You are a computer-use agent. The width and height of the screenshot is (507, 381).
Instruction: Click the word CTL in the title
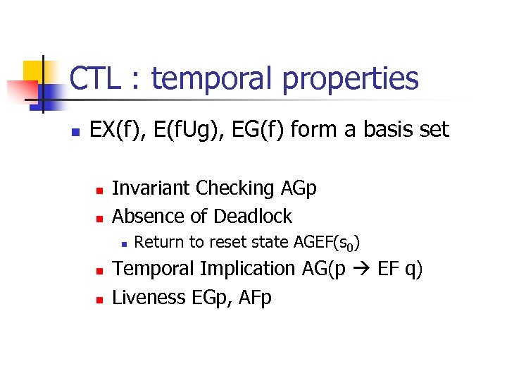tap(98, 79)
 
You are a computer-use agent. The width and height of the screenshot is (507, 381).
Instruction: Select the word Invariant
tap(151, 188)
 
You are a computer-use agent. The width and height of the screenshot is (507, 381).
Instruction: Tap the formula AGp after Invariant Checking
tap(299, 189)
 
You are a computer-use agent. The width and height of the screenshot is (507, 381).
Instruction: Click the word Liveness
tap(149, 297)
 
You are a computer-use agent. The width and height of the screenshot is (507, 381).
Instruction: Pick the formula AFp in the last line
tap(254, 297)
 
